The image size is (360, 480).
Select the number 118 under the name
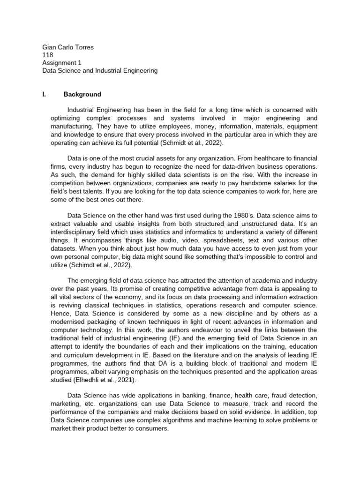click(47, 55)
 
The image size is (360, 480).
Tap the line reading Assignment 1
click(59, 63)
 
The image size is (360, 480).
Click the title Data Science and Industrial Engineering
click(100, 71)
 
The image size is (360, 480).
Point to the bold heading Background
click(82, 94)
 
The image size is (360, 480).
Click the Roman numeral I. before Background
click(44, 94)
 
